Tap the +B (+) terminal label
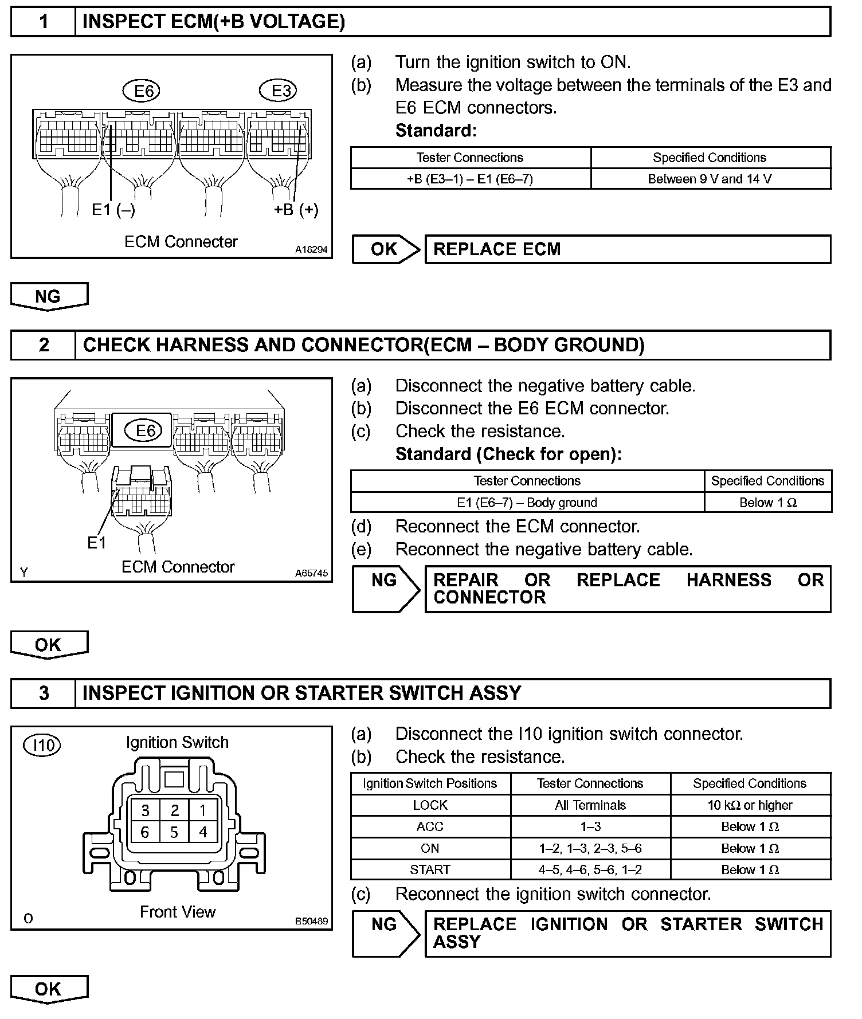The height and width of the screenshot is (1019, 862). tap(296, 210)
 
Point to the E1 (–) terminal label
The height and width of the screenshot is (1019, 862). tap(113, 210)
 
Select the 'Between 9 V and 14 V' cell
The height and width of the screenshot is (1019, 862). tap(710, 179)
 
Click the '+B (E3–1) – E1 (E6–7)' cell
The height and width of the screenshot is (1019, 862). tap(470, 179)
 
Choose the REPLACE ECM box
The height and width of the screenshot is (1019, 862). tap(627, 249)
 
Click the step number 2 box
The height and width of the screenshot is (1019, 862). tap(44, 345)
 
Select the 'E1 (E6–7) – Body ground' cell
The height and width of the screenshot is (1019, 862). tap(527, 503)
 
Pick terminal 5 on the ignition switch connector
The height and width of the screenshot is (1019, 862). tap(174, 832)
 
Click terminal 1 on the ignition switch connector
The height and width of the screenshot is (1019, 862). tap(202, 810)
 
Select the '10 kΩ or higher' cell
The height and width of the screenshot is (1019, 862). tap(750, 805)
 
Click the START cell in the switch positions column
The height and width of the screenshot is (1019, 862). tap(430, 870)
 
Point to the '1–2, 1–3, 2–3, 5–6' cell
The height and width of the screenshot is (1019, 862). tap(590, 848)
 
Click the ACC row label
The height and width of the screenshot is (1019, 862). tap(430, 827)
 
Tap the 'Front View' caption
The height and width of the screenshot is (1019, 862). tap(178, 912)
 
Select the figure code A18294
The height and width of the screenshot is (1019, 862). tap(311, 250)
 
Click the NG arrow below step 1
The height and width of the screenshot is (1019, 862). tap(49, 296)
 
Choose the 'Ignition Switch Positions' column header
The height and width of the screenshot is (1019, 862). tap(430, 783)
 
